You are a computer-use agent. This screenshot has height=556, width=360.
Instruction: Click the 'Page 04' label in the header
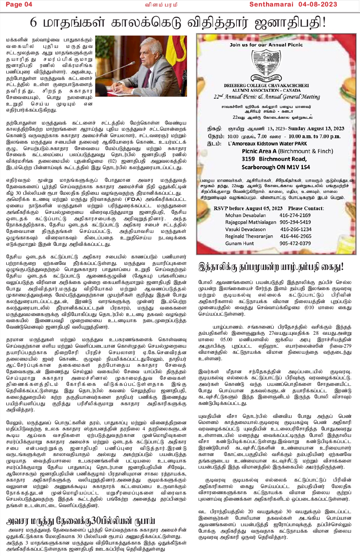point(19,4)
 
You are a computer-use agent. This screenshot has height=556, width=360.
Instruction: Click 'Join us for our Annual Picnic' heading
point(266,45)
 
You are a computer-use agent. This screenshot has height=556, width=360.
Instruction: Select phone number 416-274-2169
point(295,215)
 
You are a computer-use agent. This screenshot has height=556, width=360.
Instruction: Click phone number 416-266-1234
point(296,229)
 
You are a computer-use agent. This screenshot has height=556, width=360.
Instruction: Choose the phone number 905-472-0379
point(295,243)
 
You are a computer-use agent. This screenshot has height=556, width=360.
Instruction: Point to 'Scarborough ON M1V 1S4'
point(275,167)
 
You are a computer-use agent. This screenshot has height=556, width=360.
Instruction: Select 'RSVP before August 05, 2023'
point(248,208)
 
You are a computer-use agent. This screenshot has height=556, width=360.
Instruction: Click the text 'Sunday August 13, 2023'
point(316,128)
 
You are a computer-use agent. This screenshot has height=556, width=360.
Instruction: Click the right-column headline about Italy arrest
point(271,267)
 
